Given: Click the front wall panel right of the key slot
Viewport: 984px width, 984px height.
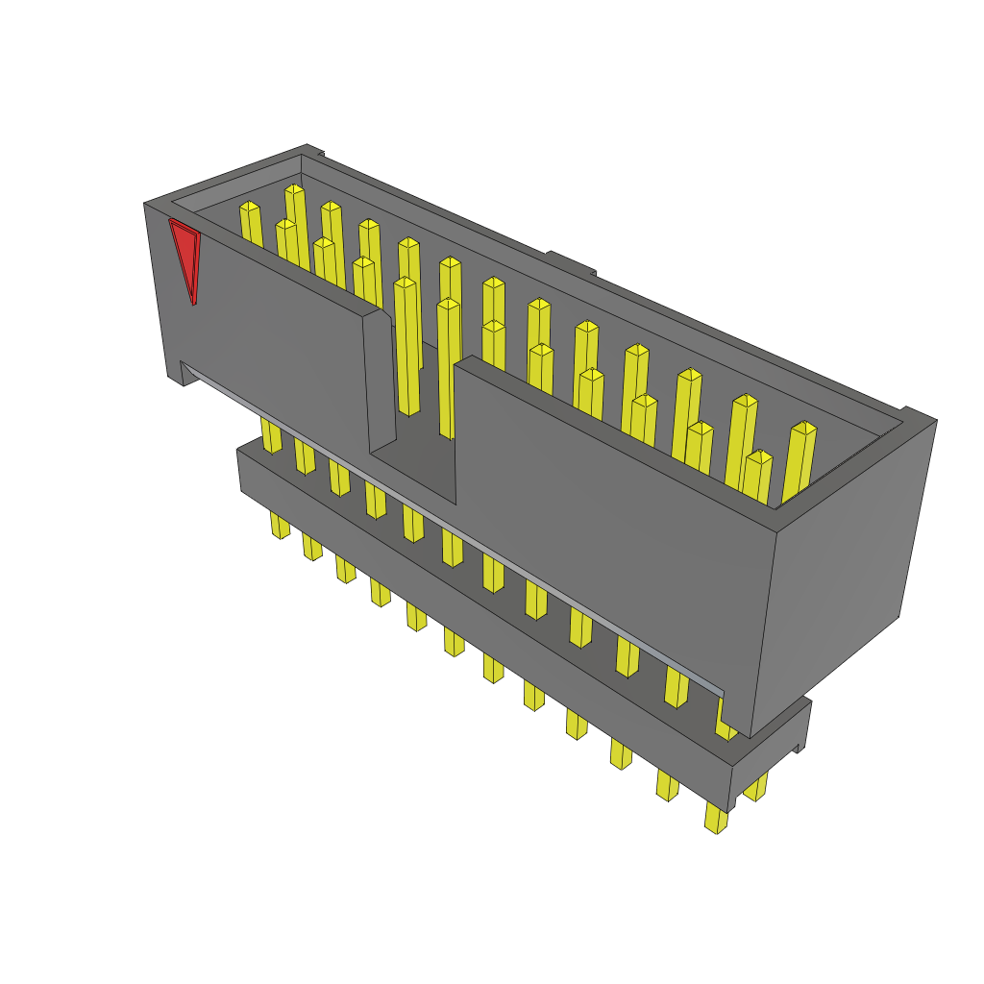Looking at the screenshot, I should click(615, 519).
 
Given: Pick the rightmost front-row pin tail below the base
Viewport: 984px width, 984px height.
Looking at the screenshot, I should click(715, 818).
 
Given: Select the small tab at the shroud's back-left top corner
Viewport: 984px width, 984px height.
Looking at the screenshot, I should click(314, 150).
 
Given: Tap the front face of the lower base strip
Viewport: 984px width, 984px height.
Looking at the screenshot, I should click(480, 615).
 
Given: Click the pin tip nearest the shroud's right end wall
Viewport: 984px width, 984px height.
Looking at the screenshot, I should click(803, 428).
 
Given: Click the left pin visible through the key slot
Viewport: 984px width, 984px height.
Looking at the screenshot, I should click(406, 346).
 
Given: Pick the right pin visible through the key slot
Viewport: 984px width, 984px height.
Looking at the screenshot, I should click(448, 365).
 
